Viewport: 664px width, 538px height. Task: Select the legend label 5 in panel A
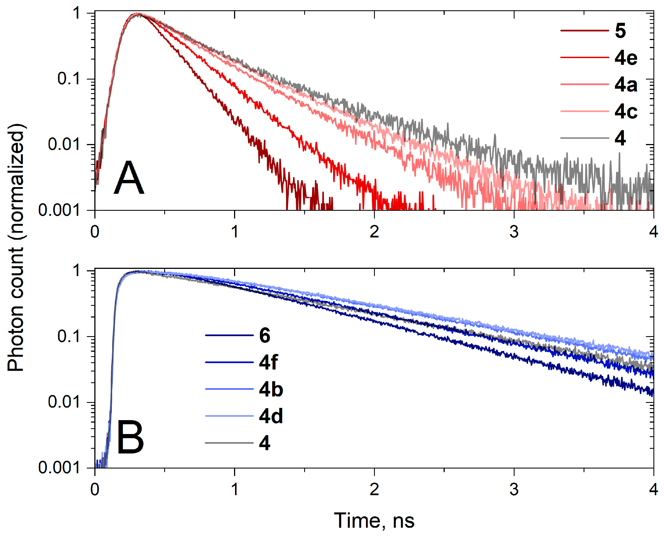point(620,31)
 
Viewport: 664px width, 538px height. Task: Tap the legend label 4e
point(626,58)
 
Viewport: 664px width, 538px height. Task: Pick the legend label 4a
point(626,85)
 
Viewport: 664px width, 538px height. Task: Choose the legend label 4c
point(626,111)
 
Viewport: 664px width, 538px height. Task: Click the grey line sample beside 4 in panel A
point(584,138)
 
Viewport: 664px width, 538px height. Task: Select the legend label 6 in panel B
point(265,336)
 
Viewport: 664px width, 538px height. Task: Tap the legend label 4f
point(268,362)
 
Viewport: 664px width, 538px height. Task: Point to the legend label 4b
point(271,389)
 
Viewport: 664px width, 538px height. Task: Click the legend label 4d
point(271,416)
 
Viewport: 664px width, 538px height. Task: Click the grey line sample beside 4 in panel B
point(229,443)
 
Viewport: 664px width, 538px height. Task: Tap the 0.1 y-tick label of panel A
point(68,79)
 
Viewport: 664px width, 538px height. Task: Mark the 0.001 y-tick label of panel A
point(59,210)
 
